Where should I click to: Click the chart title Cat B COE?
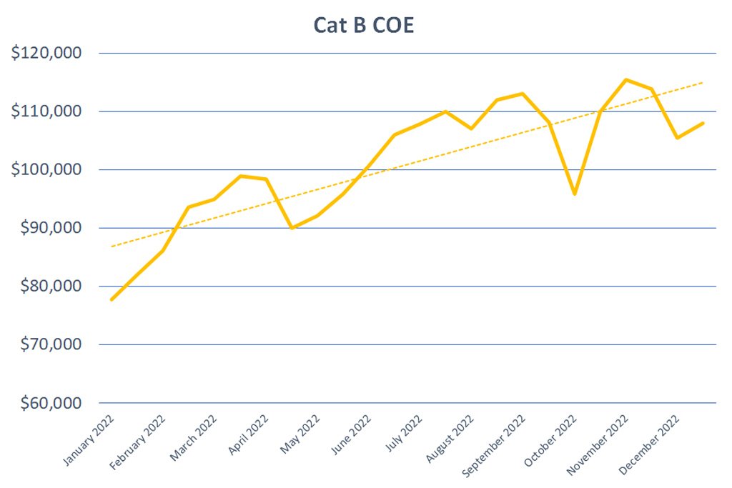click(364, 25)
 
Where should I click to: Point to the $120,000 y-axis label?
click(46, 52)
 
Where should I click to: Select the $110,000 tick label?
click(46, 111)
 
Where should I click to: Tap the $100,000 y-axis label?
click(46, 169)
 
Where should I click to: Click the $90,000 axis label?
click(51, 227)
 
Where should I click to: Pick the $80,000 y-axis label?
click(51, 286)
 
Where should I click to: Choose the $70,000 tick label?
click(51, 344)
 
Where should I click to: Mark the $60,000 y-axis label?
click(51, 402)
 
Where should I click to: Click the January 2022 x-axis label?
click(88, 440)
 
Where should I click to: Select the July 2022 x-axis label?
click(403, 434)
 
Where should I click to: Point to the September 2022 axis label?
click(493, 446)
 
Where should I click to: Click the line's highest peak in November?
click(626, 80)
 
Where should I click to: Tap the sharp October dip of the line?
click(575, 194)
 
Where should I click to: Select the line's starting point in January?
click(112, 299)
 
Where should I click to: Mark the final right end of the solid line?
click(703, 123)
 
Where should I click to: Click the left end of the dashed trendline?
click(112, 246)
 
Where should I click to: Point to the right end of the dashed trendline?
click(703, 83)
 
